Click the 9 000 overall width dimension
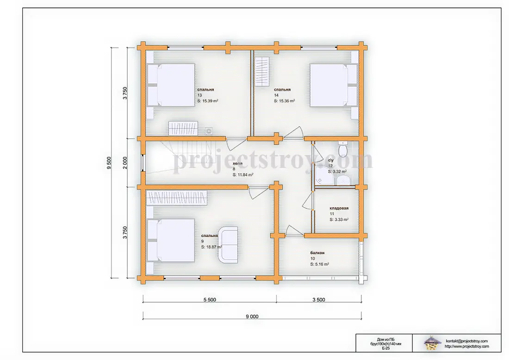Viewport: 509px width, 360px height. click(252, 317)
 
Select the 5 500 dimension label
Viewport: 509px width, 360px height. click(210, 300)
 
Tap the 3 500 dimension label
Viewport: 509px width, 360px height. click(319, 300)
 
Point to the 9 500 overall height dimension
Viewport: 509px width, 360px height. click(109, 163)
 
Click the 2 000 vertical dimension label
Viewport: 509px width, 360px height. click(125, 163)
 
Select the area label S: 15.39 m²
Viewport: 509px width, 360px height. click(208, 101)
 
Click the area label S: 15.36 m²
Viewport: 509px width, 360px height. click(285, 101)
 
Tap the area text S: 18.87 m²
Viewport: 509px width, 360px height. click(211, 247)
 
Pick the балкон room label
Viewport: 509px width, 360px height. click(317, 253)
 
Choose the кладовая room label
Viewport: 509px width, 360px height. click(339, 208)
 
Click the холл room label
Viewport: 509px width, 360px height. click(237, 164)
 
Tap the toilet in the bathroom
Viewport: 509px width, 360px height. click(343, 149)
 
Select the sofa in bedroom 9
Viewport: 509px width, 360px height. click(228, 244)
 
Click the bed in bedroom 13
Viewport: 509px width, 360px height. click(171, 85)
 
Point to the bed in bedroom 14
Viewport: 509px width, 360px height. click(334, 85)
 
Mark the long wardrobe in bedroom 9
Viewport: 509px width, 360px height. click(177, 198)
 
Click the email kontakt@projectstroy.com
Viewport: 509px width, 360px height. click(467, 341)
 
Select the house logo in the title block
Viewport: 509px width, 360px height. click(431, 343)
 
